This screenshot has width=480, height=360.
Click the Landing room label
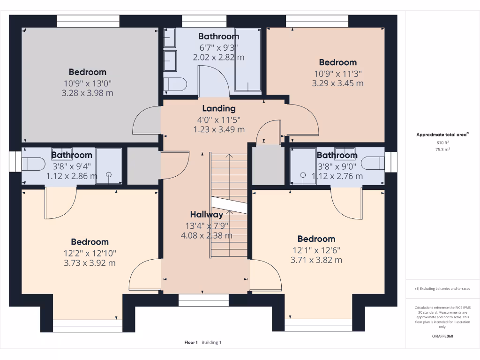point(219,108)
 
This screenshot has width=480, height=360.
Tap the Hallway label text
point(207,215)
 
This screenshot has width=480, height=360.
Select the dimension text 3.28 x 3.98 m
point(88,93)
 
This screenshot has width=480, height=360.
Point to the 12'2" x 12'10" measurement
point(90,254)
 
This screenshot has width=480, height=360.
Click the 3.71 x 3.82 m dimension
point(316,260)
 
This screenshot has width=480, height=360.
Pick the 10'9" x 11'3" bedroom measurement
point(338,74)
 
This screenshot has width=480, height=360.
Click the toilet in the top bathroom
point(175,84)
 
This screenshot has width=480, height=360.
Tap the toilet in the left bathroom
point(33,164)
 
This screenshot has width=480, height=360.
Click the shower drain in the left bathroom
point(109,175)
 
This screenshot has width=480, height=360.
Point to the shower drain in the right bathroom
point(303,175)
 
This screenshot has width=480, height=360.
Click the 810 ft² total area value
point(442,142)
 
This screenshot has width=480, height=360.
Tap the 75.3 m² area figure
point(442,150)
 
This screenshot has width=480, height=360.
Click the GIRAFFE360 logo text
point(442,336)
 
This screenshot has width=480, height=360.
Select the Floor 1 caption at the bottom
point(191,342)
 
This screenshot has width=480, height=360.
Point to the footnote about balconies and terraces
point(442,289)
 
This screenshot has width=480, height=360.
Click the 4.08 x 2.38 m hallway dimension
point(207,236)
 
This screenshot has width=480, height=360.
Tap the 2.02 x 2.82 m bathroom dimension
point(218,57)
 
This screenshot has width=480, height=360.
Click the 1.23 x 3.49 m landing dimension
point(219,129)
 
